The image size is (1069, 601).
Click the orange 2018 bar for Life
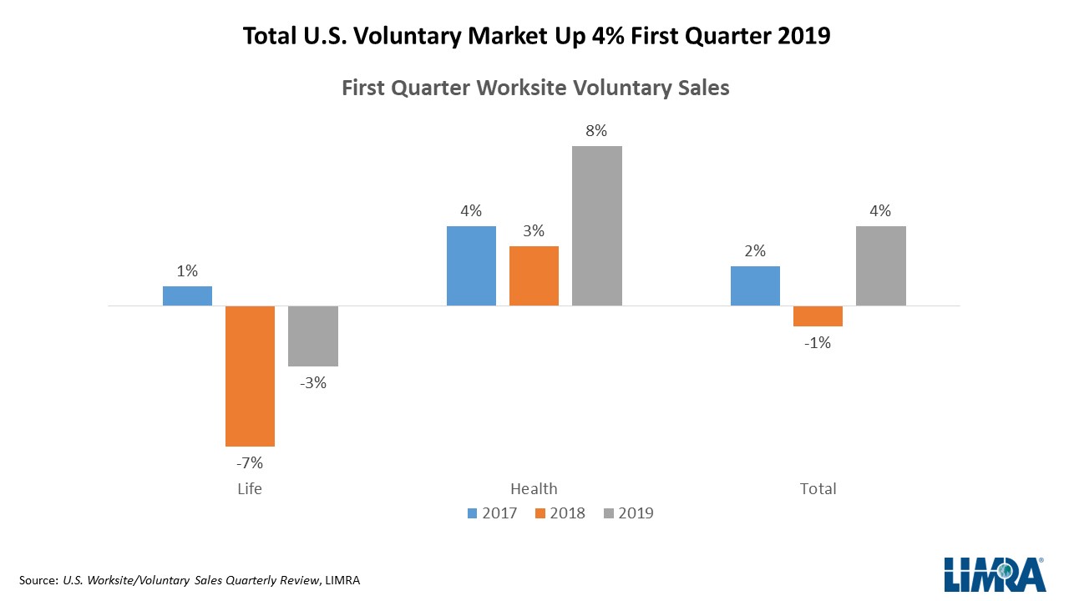click(x=250, y=376)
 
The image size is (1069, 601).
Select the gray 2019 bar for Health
click(x=597, y=225)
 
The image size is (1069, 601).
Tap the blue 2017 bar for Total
click(x=755, y=285)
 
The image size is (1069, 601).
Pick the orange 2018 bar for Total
click(x=818, y=316)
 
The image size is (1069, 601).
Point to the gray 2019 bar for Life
click(x=313, y=336)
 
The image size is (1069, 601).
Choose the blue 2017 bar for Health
click(x=471, y=265)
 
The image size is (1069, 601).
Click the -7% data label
click(x=250, y=462)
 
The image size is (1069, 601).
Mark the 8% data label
click(x=596, y=131)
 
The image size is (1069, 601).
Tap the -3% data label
click(x=312, y=383)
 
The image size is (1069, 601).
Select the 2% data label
click(x=755, y=251)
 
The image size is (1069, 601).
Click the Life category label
click(x=250, y=489)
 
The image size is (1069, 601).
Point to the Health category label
click(x=534, y=489)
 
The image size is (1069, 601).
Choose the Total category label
click(x=818, y=489)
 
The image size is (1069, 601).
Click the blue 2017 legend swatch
click(x=473, y=513)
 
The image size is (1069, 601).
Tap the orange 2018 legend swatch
click(x=540, y=513)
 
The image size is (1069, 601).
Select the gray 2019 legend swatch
click(x=608, y=513)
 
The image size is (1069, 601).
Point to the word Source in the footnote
click(x=37, y=580)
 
